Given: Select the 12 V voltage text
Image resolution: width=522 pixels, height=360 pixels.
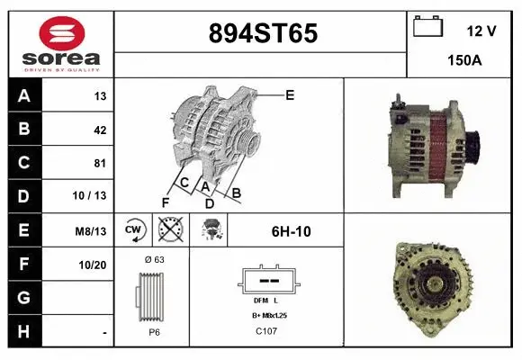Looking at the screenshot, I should (481, 31).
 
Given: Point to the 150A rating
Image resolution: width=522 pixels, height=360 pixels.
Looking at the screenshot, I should (463, 61).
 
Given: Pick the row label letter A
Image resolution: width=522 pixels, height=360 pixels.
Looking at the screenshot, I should (24, 95).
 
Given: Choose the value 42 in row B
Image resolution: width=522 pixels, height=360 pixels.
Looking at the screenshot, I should (99, 130).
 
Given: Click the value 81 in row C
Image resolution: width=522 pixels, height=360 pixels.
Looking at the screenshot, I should (99, 163).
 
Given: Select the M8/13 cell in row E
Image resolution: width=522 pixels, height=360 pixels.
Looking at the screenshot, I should (92, 231).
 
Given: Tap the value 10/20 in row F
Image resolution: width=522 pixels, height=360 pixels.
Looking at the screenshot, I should (93, 265).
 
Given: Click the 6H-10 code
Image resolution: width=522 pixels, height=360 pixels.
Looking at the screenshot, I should (291, 231).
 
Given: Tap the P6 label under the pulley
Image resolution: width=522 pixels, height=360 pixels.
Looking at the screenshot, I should (153, 332).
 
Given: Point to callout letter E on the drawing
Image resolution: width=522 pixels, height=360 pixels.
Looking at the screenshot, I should (290, 94).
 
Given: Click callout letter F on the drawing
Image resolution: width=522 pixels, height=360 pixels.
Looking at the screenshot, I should (166, 201).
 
